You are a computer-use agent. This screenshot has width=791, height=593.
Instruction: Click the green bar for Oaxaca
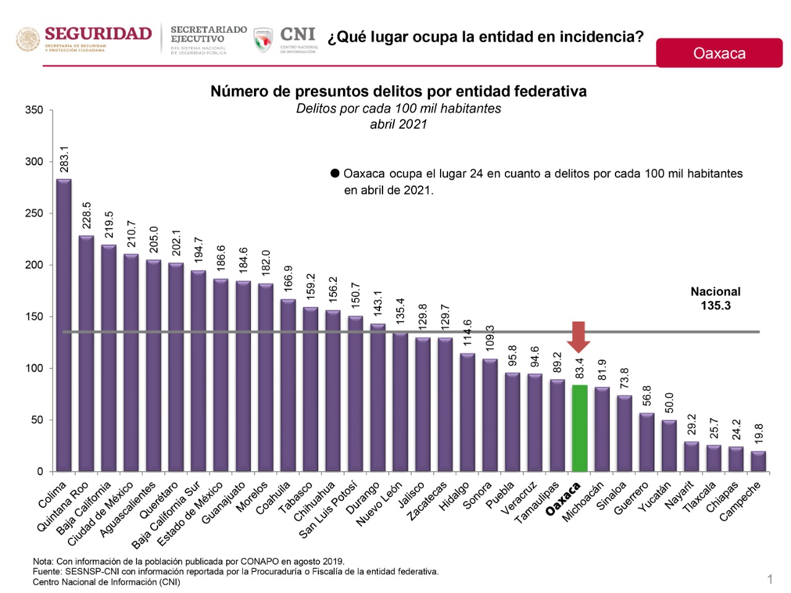(580, 428)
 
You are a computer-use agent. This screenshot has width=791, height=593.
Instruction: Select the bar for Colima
(64, 325)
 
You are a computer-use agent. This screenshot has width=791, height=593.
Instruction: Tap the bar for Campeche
(758, 461)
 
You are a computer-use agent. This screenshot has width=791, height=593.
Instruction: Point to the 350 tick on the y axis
(35, 110)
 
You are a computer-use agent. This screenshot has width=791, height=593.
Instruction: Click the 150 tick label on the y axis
(35, 317)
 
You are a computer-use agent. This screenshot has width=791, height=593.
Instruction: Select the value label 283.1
(64, 160)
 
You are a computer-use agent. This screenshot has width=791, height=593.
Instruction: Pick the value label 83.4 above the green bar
(580, 369)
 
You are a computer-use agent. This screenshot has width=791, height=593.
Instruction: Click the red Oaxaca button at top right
(719, 53)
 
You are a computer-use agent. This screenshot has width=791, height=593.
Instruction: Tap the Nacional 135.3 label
(715, 299)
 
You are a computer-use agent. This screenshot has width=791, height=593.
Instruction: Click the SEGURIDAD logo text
(98, 34)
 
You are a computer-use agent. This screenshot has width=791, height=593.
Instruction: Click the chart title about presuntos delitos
(399, 92)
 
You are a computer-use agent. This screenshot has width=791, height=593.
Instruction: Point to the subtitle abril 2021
(399, 124)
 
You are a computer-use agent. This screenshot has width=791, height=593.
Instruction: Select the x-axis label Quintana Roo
(63, 506)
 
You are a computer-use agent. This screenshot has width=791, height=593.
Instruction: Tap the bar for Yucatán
(669, 446)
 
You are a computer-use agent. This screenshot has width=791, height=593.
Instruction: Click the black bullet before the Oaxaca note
(335, 174)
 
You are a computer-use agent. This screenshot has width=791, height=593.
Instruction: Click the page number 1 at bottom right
(770, 579)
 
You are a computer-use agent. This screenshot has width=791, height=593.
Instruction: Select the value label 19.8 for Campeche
(759, 433)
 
